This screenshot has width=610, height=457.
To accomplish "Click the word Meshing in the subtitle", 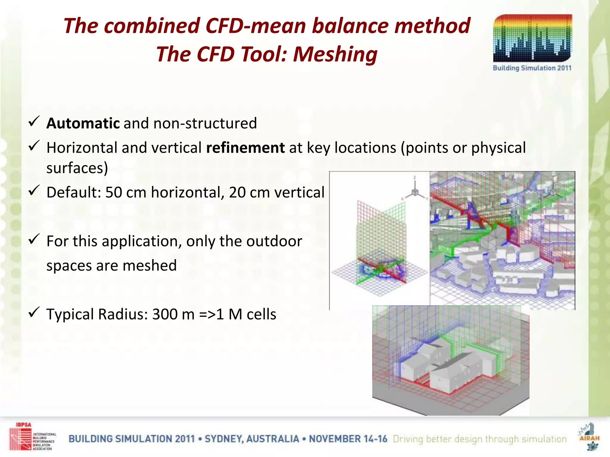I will (335, 54).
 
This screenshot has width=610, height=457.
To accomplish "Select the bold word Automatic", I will (83, 123).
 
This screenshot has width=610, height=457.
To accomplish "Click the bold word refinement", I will (245, 148).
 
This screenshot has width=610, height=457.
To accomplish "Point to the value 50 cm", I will (126, 192).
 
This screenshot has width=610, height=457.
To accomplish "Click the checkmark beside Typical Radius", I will (34, 312).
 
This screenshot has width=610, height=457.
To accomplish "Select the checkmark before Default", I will (34, 190).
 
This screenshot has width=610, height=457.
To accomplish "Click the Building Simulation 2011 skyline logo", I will (532, 38).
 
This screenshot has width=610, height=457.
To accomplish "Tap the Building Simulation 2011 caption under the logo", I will (532, 68).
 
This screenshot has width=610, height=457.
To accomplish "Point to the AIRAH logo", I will (589, 436).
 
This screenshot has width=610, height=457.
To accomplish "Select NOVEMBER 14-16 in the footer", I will (348, 439).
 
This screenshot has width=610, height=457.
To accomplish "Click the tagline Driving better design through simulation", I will (480, 439).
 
